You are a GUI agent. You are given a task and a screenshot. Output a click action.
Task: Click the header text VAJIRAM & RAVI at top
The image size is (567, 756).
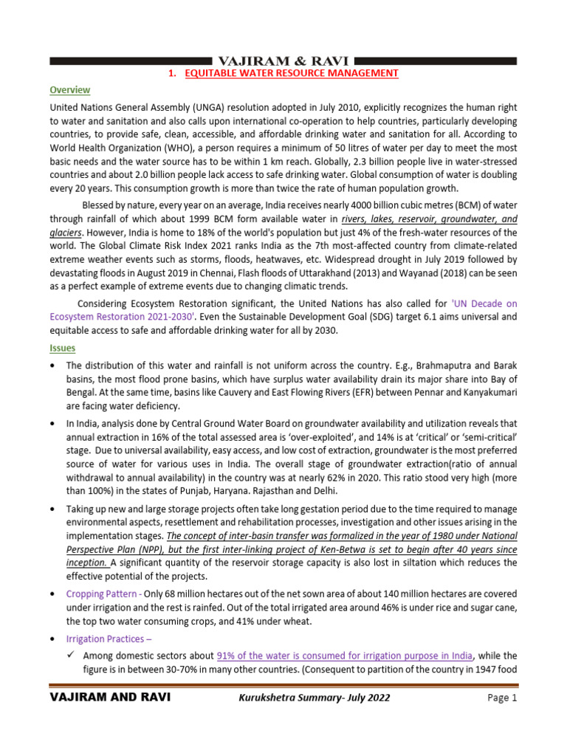283,60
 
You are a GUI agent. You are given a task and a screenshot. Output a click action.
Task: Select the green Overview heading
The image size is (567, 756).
70,90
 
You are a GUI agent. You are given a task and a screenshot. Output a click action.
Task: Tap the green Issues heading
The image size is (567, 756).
62,347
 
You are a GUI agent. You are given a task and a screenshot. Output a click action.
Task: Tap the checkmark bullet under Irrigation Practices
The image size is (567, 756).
72,656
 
